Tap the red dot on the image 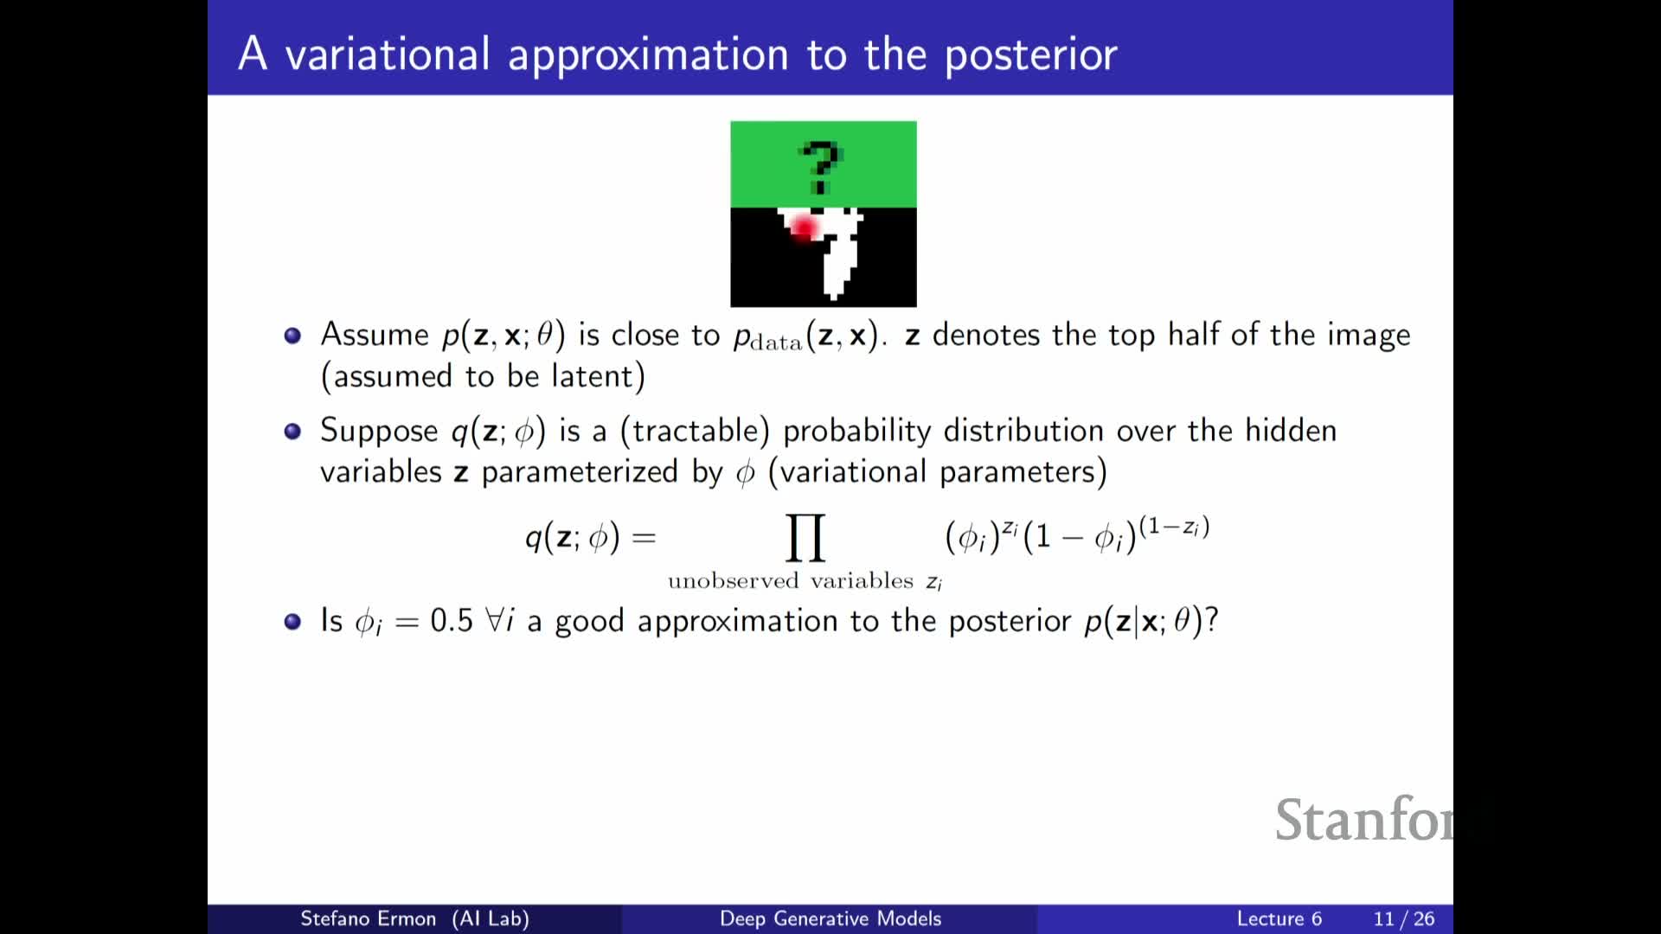(804, 227)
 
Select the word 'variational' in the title (388, 54)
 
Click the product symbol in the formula (805, 537)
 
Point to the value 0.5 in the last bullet (452, 620)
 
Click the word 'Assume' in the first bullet (375, 335)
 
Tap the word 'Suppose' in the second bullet (379, 432)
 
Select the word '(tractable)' (695, 431)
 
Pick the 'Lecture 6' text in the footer (1279, 918)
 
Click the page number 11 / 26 (1403, 918)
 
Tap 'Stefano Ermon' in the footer (368, 918)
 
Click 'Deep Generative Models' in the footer (830, 918)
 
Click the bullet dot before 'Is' (292, 621)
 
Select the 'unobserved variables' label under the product (791, 580)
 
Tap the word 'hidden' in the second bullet (1291, 431)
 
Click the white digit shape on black (834, 251)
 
